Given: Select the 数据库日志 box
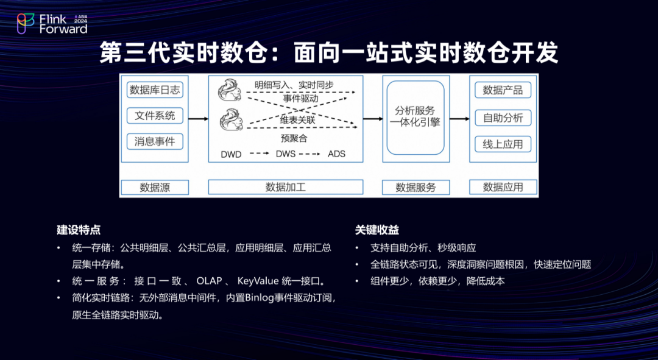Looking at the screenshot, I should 155,90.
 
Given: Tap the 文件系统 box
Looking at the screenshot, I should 155,116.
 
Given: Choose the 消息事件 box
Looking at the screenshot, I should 155,141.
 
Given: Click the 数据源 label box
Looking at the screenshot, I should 155,188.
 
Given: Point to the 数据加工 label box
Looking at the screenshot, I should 286,188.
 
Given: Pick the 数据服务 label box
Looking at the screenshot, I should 416,188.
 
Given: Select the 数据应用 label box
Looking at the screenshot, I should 503,188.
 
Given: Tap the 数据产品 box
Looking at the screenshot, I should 503,90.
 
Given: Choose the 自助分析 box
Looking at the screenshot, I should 503,118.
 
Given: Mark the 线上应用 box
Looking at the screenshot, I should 503,144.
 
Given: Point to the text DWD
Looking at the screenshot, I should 231,155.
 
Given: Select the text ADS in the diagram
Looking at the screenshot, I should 336,154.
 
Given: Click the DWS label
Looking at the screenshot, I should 285,154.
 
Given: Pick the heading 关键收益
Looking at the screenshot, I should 377,230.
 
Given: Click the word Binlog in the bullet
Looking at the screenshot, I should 267,298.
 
